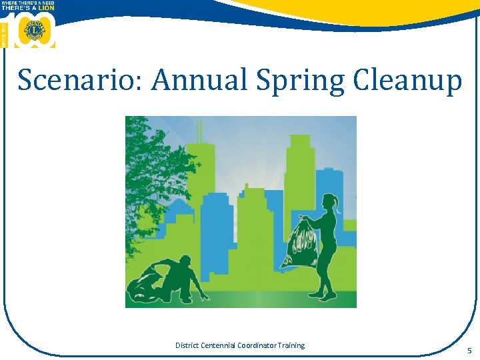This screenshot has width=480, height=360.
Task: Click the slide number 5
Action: [x=469, y=351]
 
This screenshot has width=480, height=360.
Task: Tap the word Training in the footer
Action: [x=293, y=345]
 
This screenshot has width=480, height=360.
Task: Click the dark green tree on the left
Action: [x=150, y=173]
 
